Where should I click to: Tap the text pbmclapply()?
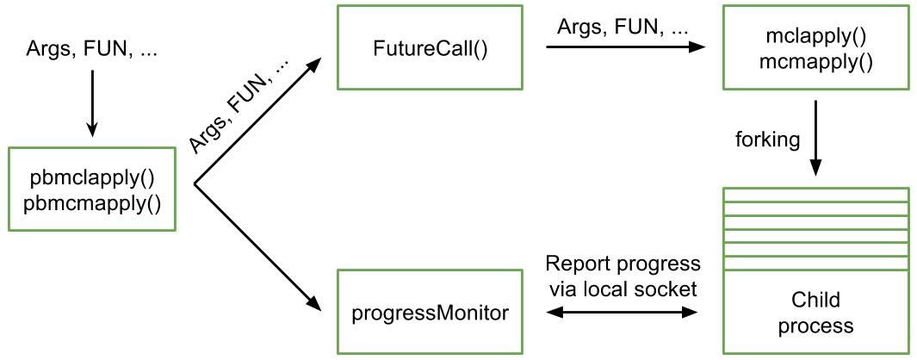point(92,177)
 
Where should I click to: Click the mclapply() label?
point(815,35)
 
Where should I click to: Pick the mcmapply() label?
point(815,61)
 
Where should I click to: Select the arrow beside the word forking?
point(816,138)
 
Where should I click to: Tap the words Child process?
point(815,312)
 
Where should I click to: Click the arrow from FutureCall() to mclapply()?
point(626,47)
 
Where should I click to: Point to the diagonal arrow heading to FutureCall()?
point(257,121)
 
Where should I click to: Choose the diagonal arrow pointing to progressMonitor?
point(257,248)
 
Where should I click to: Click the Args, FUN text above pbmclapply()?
point(92,50)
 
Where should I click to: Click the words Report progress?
point(623,264)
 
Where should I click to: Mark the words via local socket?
point(623,289)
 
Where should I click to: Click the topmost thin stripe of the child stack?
point(815,195)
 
